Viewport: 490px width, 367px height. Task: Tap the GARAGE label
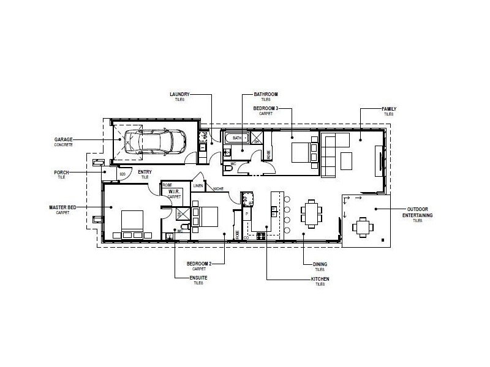[63, 139]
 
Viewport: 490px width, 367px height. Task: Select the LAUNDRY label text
[180, 94]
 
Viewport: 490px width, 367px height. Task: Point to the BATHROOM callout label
[266, 94]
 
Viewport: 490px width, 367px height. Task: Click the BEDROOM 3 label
[266, 108]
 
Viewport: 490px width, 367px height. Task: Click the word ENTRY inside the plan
[145, 172]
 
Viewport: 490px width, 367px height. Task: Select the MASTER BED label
[62, 207]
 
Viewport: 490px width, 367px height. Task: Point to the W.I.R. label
[174, 191]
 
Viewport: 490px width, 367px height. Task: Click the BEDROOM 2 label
[198, 263]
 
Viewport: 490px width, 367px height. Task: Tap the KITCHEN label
[320, 279]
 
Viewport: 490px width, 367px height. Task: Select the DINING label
[320, 264]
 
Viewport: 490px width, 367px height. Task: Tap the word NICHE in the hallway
[219, 189]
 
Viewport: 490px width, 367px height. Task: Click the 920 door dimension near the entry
[123, 174]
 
